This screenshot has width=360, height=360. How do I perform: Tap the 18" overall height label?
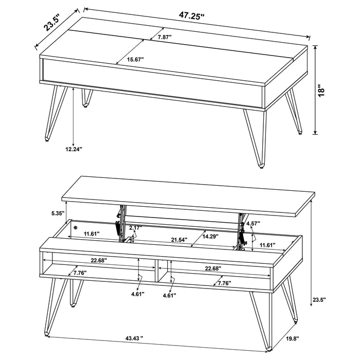(x=322, y=90)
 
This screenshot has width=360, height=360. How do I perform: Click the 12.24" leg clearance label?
(x=74, y=149)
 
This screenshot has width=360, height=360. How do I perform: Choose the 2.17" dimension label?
(x=136, y=228)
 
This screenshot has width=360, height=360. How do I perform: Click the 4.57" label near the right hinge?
(x=253, y=224)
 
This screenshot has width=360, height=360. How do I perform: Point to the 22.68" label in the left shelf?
(x=97, y=261)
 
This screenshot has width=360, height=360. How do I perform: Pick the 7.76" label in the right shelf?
(x=224, y=283)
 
